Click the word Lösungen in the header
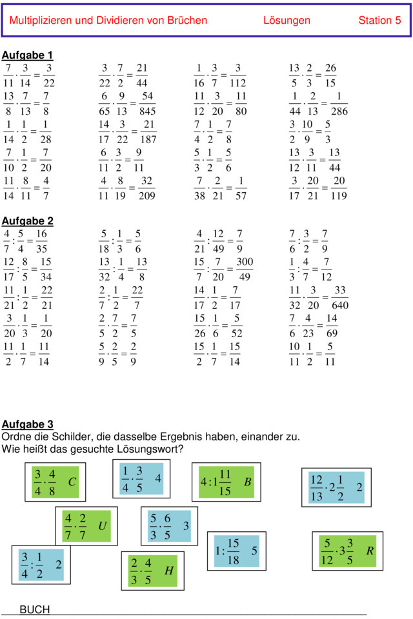[287, 21]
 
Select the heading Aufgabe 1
[28, 55]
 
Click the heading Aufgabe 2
[28, 221]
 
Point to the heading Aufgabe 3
[28, 424]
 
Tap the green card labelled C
[55, 482]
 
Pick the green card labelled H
[152, 571]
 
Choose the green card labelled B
[226, 482]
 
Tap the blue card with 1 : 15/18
[236, 551]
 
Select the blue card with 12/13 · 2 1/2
[336, 487]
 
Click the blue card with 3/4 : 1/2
[41, 565]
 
